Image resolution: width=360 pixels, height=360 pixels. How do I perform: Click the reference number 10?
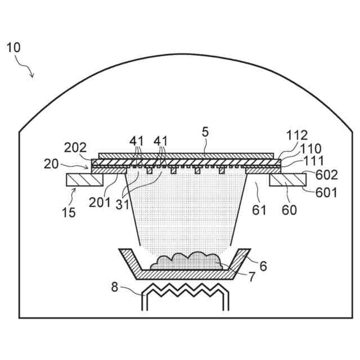coord(13,47)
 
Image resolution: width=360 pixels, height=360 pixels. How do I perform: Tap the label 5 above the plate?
coord(205,133)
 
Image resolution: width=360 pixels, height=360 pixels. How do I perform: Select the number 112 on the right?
coord(296,135)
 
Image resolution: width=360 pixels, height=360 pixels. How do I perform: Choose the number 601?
coord(325,193)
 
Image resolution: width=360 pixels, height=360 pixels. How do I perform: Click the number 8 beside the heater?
coord(115,287)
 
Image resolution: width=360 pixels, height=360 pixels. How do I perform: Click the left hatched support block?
coord(84,180)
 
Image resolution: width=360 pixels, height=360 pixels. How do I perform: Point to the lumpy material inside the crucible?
coord(186,262)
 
